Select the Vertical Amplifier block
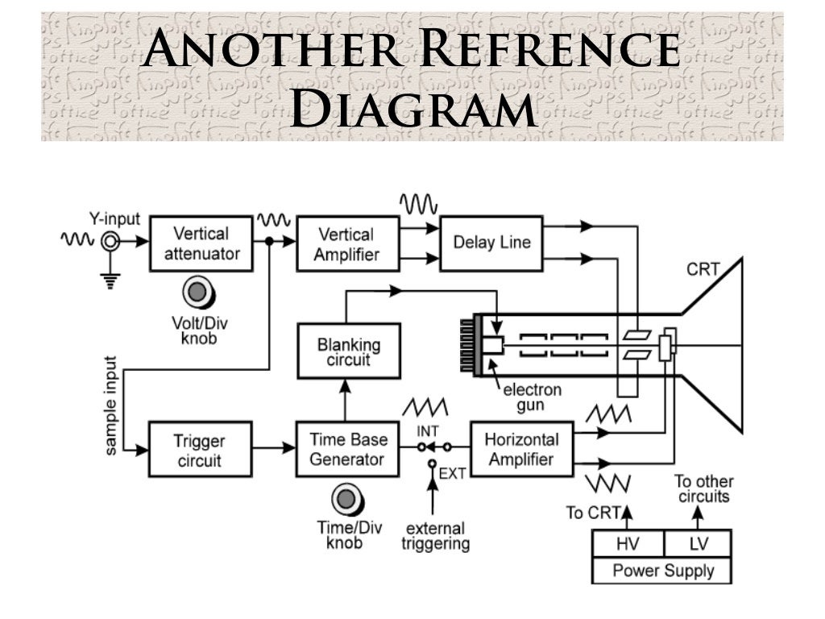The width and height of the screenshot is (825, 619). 346,244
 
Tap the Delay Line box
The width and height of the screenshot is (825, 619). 491,242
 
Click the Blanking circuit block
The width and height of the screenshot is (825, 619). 348,351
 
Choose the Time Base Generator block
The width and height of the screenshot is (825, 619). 348,449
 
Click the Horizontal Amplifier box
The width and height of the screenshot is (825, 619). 520,449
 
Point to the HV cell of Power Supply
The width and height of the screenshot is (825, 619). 628,544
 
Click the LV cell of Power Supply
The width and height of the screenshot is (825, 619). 698,544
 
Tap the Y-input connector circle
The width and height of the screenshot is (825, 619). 108,241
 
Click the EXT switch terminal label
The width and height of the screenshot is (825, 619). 452,473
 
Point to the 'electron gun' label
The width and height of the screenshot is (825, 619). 532,397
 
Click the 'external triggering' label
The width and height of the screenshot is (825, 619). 435,536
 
